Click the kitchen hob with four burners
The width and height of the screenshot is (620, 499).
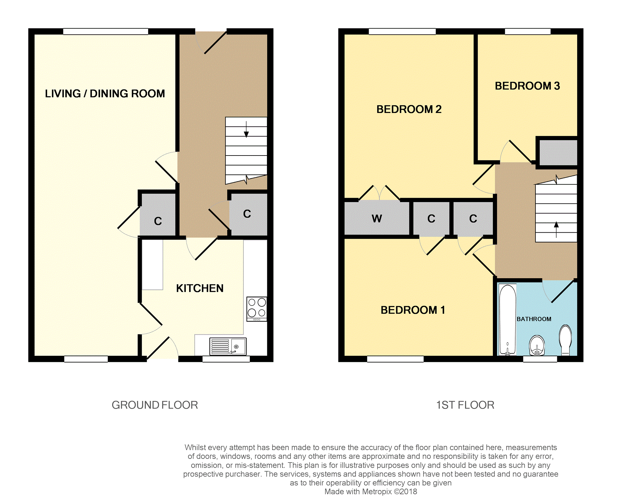point(257,309)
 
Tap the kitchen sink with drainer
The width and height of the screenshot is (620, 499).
point(228,346)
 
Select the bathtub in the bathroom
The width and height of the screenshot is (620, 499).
point(507,320)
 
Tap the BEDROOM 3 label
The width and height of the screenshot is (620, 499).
point(527,86)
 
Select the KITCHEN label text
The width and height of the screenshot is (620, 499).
point(200,288)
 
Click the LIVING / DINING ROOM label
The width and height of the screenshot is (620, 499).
point(105,93)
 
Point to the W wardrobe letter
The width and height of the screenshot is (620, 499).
point(377,219)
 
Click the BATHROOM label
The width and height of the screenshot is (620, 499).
point(534,319)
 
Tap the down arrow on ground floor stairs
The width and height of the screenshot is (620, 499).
point(246,129)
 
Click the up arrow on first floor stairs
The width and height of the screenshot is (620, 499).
point(556,230)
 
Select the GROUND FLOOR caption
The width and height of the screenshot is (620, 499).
point(155,405)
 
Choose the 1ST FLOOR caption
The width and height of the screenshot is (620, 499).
point(465,405)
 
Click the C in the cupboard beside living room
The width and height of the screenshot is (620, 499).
point(158,221)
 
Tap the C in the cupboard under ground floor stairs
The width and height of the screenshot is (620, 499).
point(247,214)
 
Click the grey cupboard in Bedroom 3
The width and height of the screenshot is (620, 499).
point(558,152)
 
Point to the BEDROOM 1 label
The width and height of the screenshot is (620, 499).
point(413,310)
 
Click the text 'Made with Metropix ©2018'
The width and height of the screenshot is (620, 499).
point(371,492)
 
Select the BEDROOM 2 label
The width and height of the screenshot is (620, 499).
point(409,109)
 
